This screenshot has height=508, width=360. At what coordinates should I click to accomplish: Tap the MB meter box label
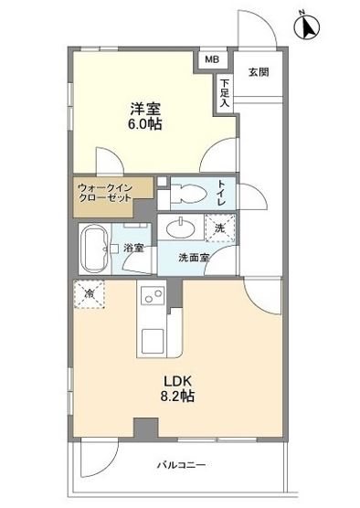click(x=211, y=60)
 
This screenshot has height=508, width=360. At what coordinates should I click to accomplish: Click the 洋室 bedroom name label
click(x=143, y=107)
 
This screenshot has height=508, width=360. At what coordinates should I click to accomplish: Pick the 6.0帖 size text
click(x=143, y=125)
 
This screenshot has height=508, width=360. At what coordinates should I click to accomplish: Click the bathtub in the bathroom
click(x=91, y=247)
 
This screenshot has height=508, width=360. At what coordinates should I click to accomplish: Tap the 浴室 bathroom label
click(x=132, y=247)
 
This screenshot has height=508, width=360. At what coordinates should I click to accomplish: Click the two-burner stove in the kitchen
click(x=151, y=300)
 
